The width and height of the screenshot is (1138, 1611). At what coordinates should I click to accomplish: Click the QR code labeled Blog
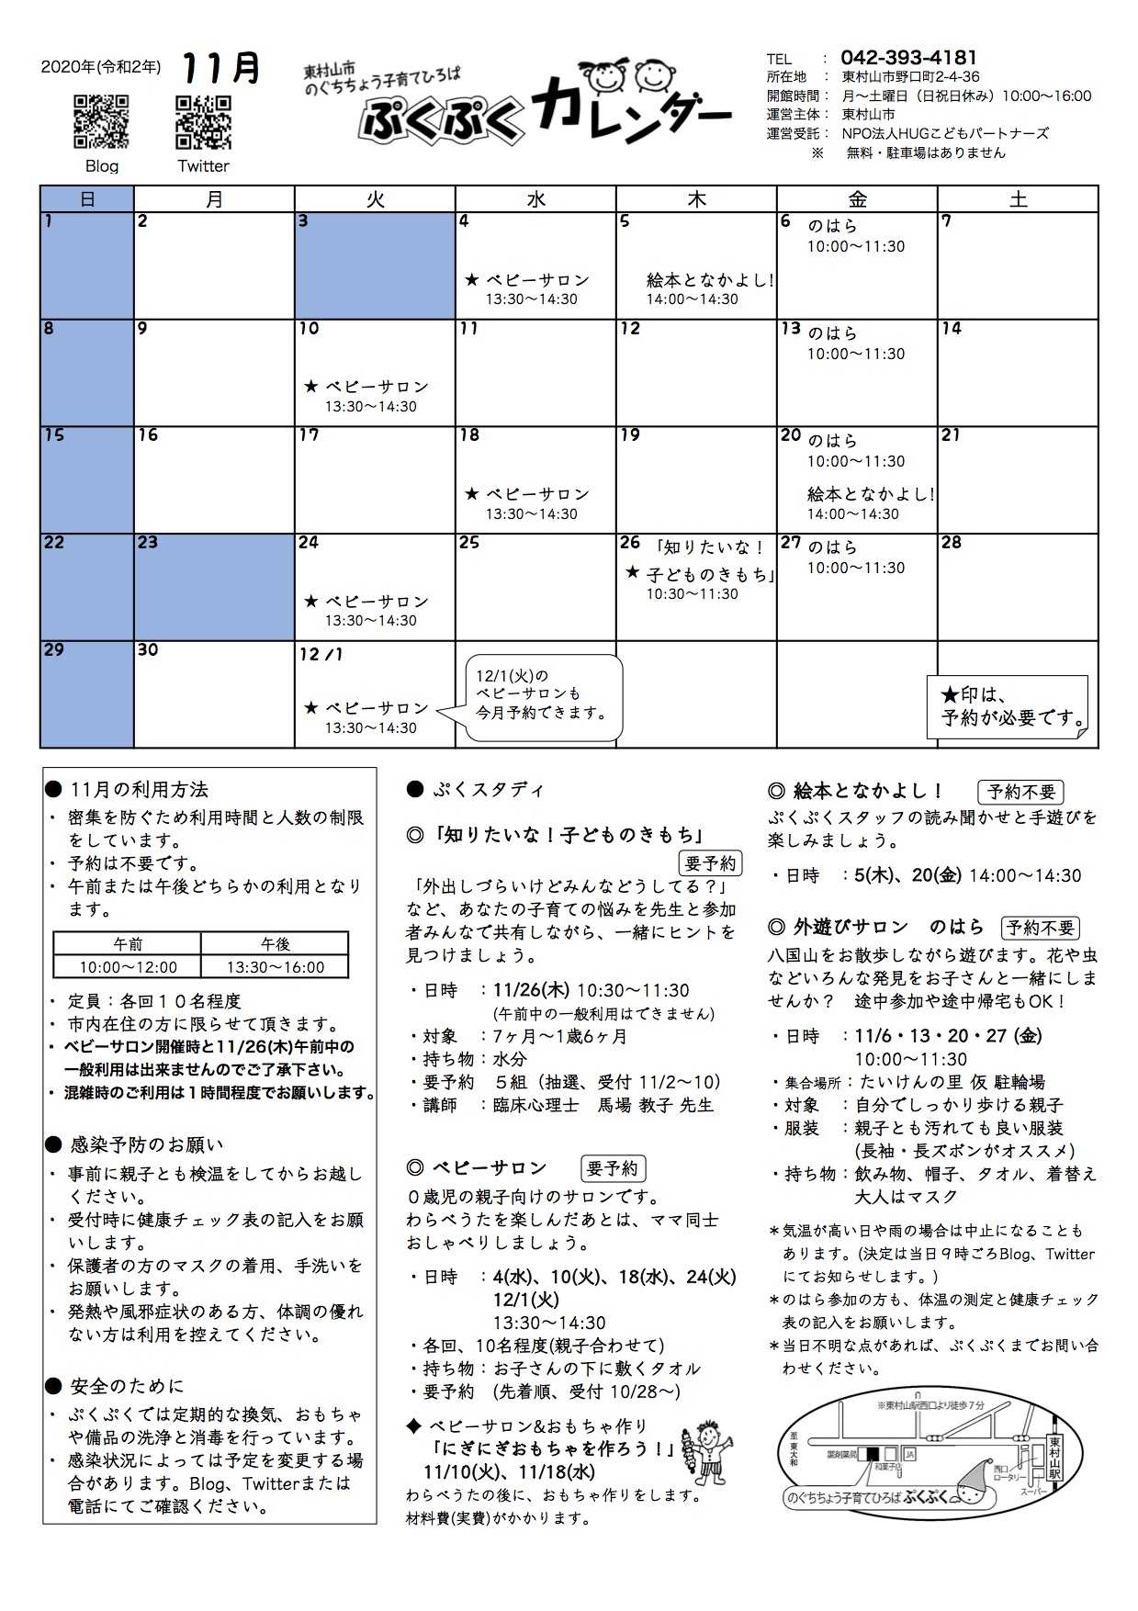(x=101, y=122)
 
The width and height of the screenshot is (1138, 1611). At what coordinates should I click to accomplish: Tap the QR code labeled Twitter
(x=203, y=122)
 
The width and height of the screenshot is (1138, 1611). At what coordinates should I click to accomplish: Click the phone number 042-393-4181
(x=908, y=57)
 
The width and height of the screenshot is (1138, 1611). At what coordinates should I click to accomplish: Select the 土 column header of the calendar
(x=1018, y=199)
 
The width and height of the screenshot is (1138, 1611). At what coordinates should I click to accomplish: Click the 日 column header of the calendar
(x=87, y=199)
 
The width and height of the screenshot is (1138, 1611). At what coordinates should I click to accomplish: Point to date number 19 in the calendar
(x=630, y=435)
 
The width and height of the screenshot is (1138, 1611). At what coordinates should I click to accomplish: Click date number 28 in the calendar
(x=952, y=543)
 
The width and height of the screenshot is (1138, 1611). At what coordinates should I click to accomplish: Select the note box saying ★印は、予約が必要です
(x=1008, y=706)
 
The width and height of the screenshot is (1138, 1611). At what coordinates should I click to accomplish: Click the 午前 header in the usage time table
(x=128, y=944)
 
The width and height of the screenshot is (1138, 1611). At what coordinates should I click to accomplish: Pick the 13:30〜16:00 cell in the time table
(x=276, y=967)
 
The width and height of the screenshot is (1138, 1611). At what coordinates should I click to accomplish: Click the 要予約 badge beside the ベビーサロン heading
(x=614, y=1168)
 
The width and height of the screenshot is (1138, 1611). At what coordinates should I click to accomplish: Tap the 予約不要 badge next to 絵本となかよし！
(x=1020, y=792)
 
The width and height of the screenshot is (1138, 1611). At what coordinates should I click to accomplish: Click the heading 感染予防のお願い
(x=146, y=1145)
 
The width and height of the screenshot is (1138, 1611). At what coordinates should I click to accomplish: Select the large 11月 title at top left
(x=221, y=69)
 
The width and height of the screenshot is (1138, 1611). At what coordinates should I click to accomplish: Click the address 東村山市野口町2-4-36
(x=910, y=77)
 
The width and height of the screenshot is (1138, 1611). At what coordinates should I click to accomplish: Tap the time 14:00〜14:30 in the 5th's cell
(x=692, y=299)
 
